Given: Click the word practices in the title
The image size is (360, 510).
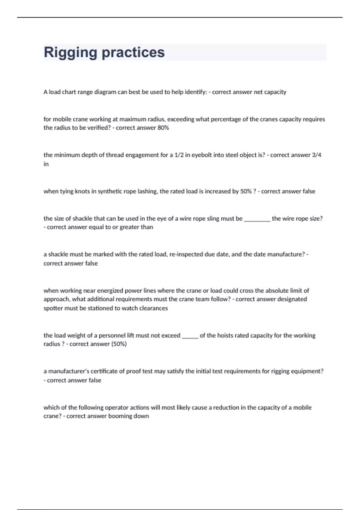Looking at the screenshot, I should click(x=133, y=52).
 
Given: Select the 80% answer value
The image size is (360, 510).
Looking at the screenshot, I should click(x=163, y=128).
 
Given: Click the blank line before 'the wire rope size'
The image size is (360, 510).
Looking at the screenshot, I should click(x=257, y=219).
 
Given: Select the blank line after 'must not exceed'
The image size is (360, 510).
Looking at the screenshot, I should click(x=190, y=335).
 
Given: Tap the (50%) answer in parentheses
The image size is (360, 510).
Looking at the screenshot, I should click(x=119, y=344).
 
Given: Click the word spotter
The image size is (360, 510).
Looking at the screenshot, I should click(x=53, y=308).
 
